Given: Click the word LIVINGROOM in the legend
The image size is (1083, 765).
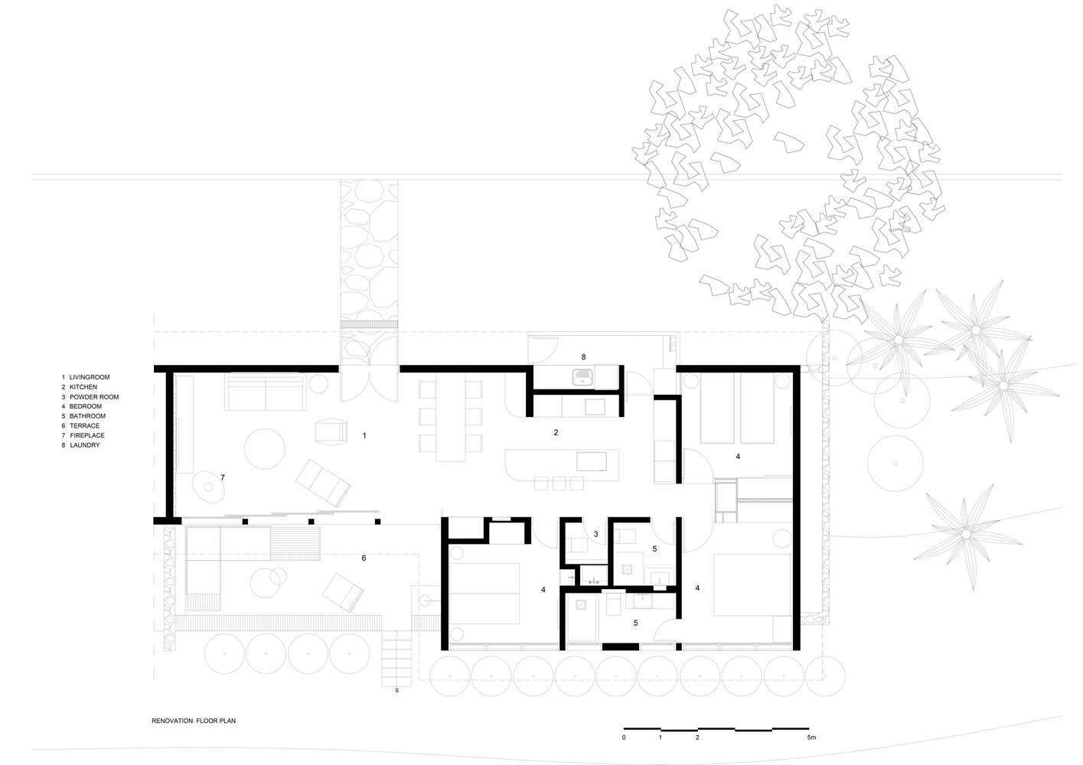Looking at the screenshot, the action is click(x=90, y=377).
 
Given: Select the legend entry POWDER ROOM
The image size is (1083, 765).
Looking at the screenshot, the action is click(x=94, y=397).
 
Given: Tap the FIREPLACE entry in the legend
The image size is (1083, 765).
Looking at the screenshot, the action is click(x=87, y=435).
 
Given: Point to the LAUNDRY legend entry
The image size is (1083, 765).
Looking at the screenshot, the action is click(x=85, y=445).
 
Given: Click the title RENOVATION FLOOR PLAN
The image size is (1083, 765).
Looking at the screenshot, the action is click(x=194, y=721).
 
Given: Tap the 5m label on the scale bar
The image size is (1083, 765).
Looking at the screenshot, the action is click(x=811, y=737).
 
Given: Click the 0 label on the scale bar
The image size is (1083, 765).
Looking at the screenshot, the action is click(x=624, y=737).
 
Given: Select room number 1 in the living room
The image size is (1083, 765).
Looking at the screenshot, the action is click(x=364, y=435).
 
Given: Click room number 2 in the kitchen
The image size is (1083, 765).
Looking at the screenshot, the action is click(x=556, y=432).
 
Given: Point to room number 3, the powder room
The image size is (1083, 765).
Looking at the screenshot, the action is click(x=595, y=534).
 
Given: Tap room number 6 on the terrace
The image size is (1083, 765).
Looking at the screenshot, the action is click(x=364, y=558).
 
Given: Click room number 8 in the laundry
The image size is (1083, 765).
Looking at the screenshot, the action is click(x=583, y=357).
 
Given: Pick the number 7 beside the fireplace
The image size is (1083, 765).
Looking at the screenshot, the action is click(x=223, y=477).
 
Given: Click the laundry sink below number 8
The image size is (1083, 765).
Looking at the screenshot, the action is click(x=582, y=377).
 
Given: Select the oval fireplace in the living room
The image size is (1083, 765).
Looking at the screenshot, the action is click(x=208, y=487).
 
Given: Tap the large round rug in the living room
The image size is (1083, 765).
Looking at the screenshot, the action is click(x=265, y=449).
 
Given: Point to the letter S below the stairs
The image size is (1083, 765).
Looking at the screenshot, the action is click(x=397, y=691).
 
